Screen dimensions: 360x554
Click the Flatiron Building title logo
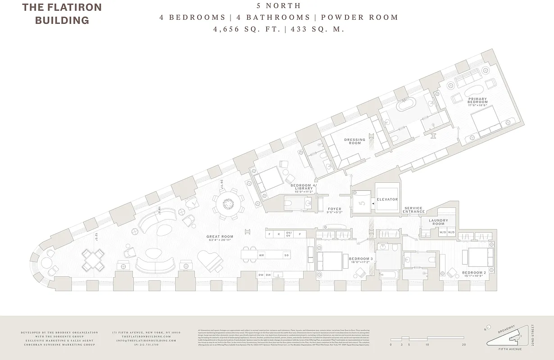(x=62, y=13)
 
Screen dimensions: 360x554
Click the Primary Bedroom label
(x=477, y=100)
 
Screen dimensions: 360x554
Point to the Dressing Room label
(x=355, y=141)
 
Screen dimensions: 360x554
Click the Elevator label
(x=387, y=199)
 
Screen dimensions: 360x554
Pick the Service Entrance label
(x=414, y=210)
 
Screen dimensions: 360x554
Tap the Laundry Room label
(x=438, y=222)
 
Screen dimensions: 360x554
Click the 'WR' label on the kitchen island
(x=261, y=255)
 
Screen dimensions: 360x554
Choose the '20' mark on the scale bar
(x=463, y=345)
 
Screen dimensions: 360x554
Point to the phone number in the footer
(x=146, y=345)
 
